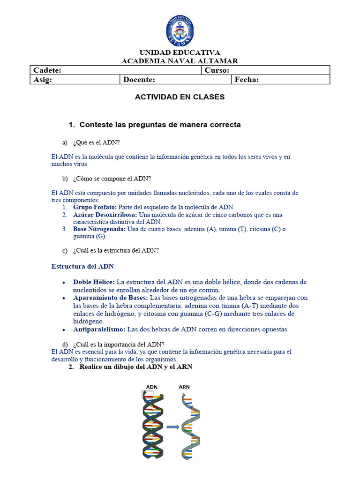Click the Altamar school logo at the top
(180, 31)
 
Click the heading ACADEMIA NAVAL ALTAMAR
(180, 61)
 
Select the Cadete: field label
(47, 70)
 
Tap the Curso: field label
(217, 70)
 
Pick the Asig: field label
(43, 80)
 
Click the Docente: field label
(139, 80)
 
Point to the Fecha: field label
(247, 80)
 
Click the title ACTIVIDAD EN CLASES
(180, 97)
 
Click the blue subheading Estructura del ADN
(82, 266)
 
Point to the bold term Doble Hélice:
(94, 282)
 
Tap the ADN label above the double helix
(152, 387)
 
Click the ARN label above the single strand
(184, 387)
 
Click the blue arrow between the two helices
(173, 427)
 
